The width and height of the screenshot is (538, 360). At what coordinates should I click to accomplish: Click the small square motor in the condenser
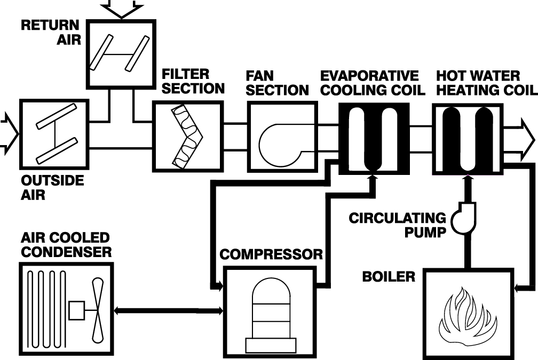(x=77, y=310)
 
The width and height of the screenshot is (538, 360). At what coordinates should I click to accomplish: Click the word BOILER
(x=389, y=276)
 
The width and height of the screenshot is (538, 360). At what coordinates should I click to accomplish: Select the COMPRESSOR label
(x=271, y=254)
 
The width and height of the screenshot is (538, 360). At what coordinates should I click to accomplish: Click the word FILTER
(x=185, y=74)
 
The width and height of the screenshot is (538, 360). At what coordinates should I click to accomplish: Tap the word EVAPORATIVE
(x=369, y=75)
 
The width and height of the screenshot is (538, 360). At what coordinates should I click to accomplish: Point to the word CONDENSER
(x=66, y=252)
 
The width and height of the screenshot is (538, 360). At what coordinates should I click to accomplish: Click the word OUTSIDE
(x=52, y=180)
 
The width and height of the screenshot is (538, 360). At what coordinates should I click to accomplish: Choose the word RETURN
(x=50, y=25)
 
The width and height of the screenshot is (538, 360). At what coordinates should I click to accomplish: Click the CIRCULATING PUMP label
(x=397, y=225)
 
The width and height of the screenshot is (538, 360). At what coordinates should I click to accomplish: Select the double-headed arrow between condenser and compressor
(x=168, y=310)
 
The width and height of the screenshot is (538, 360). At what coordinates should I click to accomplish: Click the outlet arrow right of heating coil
(x=519, y=140)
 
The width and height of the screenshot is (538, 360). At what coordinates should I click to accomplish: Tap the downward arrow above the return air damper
(x=122, y=7)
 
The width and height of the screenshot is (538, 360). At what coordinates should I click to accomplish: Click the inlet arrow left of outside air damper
(x=9, y=134)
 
